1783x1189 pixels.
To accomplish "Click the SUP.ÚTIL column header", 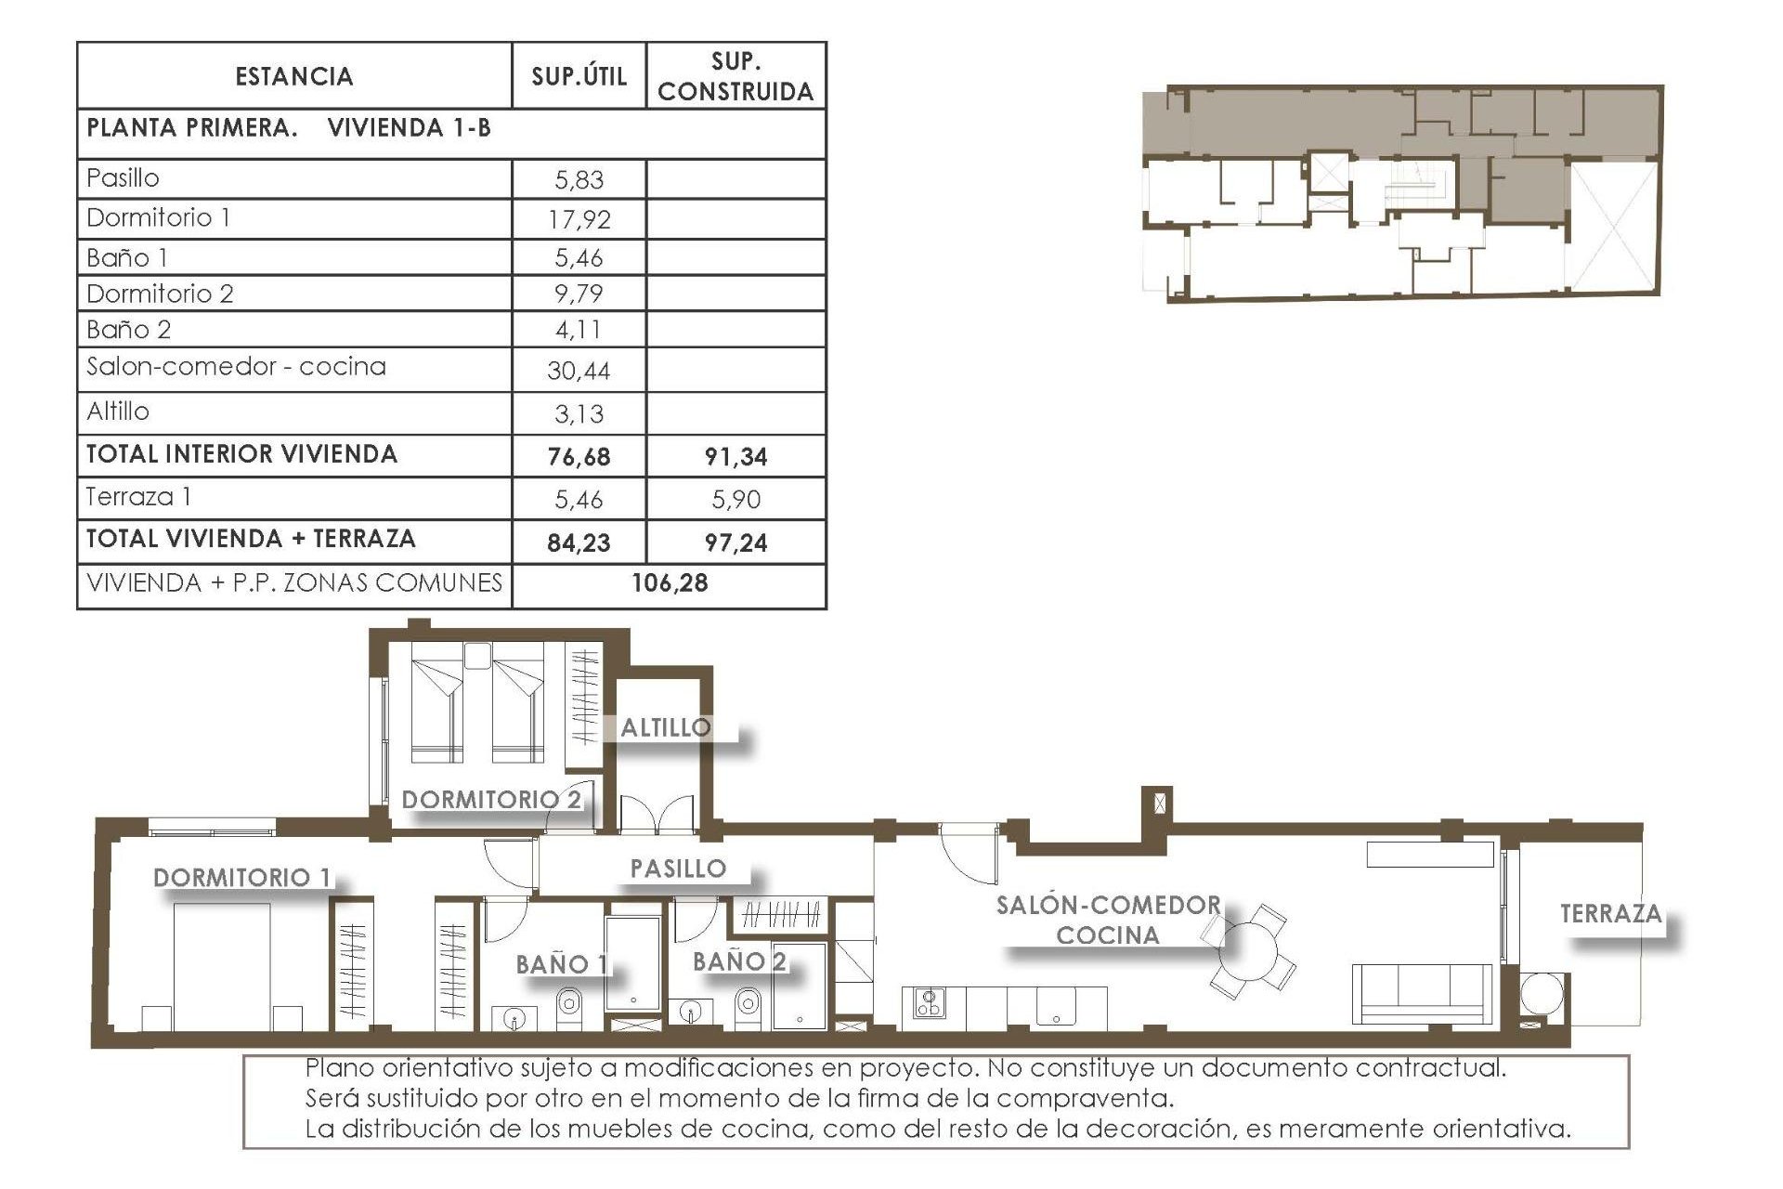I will click(579, 76).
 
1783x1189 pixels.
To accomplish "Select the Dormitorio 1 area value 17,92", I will click(579, 219).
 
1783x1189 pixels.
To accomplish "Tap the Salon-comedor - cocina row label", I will click(236, 367).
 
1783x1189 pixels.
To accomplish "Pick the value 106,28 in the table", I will click(669, 583).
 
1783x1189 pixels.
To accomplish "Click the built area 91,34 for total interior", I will click(735, 456).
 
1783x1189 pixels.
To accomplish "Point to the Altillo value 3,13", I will click(579, 414).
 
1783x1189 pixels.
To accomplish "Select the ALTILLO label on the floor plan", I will click(665, 728).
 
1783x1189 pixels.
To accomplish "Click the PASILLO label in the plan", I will click(678, 869).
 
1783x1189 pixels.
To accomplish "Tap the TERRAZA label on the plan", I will click(1610, 914).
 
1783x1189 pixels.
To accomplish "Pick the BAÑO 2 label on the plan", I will click(739, 961).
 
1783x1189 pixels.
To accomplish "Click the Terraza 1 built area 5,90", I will click(735, 500).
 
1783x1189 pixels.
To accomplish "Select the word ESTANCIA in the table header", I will click(293, 76).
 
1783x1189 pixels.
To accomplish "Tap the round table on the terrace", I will click(1542, 993).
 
